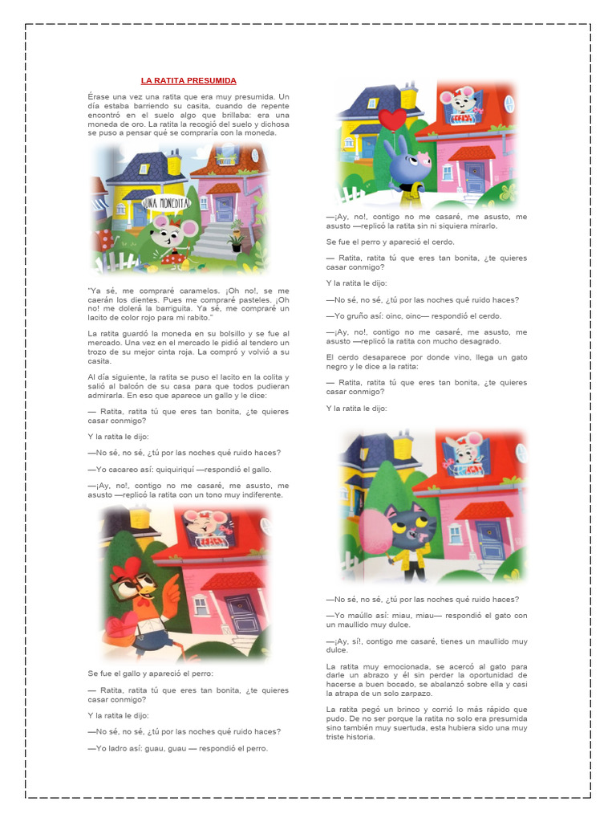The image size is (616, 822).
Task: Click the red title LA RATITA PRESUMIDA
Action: click(188, 80)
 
